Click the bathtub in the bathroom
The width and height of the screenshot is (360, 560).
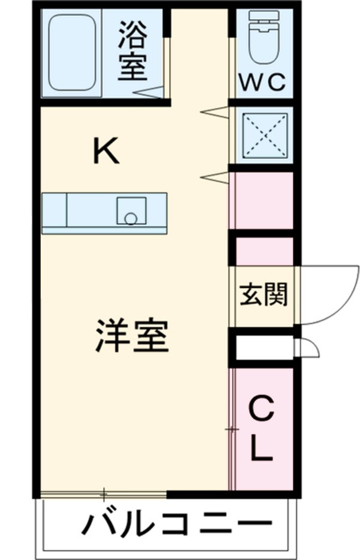(72, 53)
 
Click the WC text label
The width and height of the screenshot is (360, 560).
(262, 83)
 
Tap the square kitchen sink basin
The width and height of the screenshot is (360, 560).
(131, 210)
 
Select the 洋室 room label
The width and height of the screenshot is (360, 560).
(132, 337)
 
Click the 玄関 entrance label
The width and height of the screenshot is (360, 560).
(263, 295)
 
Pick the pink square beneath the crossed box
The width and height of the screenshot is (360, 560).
(262, 200)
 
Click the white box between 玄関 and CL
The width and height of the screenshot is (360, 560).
(263, 347)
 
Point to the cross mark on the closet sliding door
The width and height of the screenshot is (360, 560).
(232, 429)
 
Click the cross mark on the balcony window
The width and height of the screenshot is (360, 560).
(104, 495)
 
